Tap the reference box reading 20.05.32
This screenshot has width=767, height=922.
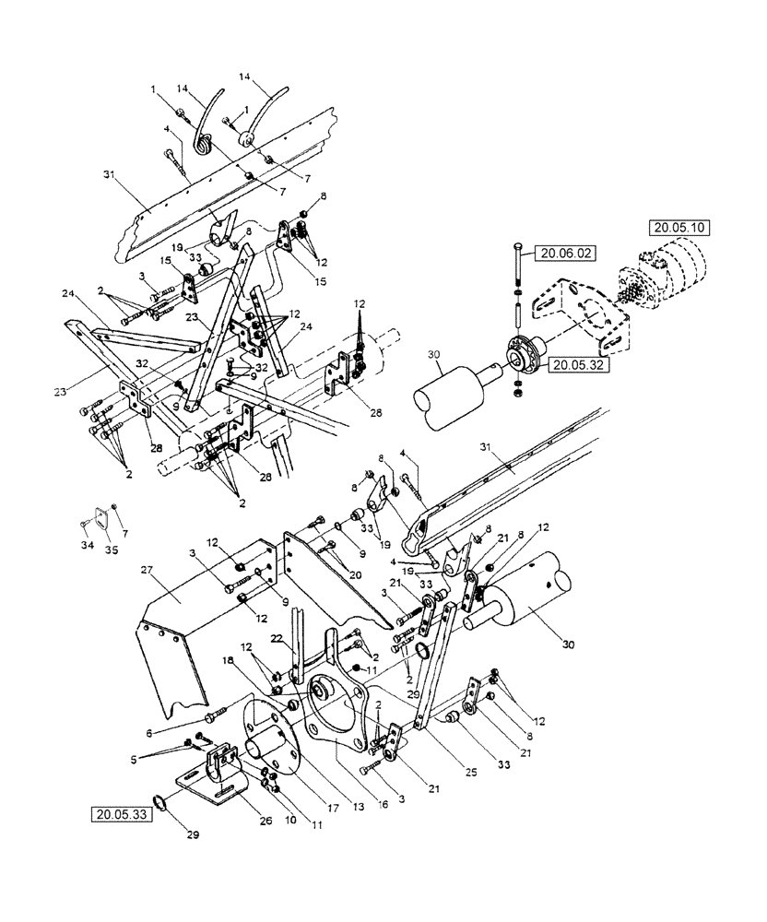577,365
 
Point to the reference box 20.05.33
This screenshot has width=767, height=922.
124,814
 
